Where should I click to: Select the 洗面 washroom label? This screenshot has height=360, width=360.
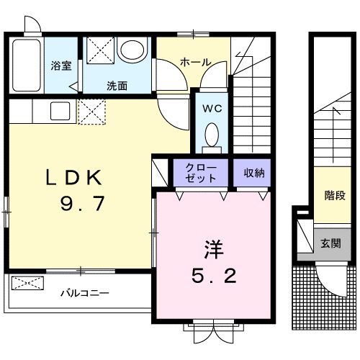coord(117,86)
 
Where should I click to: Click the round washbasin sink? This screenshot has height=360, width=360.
coord(131,51)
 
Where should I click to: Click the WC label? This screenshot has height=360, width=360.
coord(212,110)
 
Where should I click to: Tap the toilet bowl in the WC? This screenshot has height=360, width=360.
coord(212,134)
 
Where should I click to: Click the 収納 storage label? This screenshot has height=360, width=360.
coord(253,172)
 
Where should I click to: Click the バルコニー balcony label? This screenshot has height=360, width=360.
coord(84,294)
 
